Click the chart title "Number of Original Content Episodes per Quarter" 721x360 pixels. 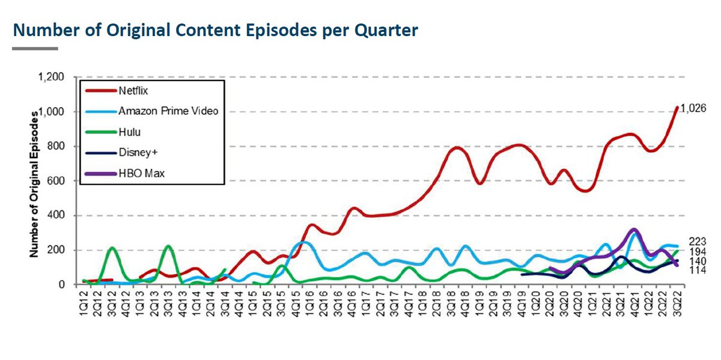point(215,30)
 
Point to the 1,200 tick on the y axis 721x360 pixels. point(51,77)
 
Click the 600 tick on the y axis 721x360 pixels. point(56,181)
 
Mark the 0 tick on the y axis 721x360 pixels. point(61,285)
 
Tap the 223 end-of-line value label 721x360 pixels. point(697,242)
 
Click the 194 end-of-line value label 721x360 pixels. point(697,251)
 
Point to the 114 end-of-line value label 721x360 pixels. point(697,272)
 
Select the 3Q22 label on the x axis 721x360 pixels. point(677,301)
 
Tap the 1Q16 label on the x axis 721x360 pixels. point(309,301)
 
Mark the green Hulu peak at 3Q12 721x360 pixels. point(111,248)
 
